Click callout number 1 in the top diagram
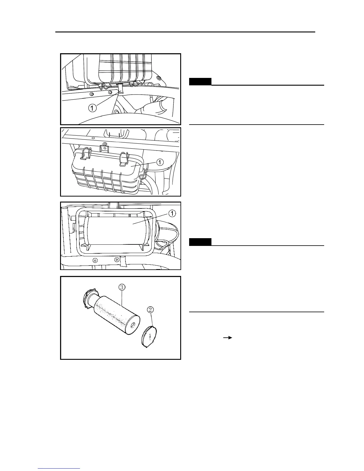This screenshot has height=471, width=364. point(92,108)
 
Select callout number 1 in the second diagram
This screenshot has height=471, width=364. point(160,162)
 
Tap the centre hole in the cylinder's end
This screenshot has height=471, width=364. point(135,325)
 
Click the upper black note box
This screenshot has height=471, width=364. point(200,81)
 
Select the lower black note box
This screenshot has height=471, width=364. point(200,242)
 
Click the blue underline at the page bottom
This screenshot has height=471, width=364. point(59,468)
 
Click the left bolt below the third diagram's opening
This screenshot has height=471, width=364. point(95,260)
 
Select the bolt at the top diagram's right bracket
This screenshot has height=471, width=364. point(159,78)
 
